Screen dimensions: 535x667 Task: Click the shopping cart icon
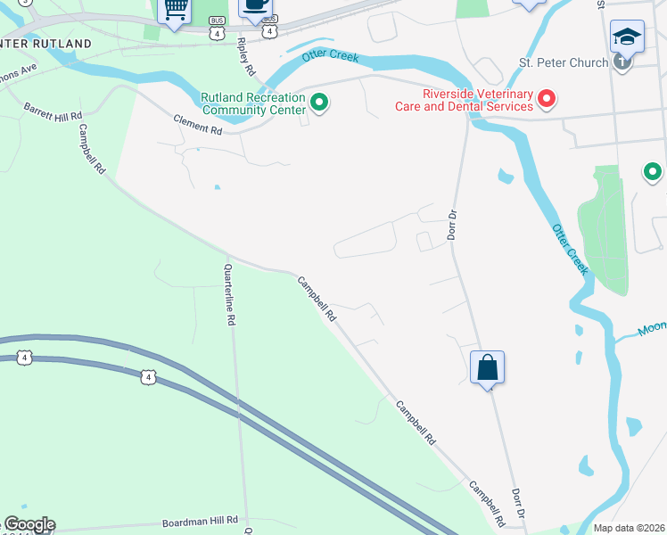tap(175, 10)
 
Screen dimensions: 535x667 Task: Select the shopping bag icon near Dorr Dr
tap(487, 367)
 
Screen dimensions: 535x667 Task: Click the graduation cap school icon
tap(627, 37)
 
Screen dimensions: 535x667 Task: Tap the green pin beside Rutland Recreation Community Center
tap(318, 103)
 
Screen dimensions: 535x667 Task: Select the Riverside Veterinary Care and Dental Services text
tap(465, 100)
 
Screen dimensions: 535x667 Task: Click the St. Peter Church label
tap(564, 63)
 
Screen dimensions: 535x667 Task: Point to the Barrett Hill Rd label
tap(53, 111)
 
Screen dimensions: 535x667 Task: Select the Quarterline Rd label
tap(231, 295)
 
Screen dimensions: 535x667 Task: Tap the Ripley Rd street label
tap(247, 55)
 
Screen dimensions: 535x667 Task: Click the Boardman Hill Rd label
tap(200, 520)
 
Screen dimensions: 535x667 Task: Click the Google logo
tap(29, 524)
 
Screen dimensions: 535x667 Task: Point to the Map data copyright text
tap(630, 528)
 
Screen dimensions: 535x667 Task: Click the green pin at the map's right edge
tap(653, 172)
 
